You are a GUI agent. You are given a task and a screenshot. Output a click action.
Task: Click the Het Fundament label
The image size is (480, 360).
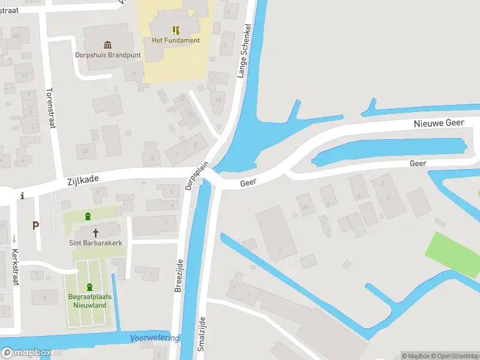coord(176,40)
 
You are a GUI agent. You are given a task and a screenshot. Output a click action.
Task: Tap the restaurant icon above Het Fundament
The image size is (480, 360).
coord(176,30)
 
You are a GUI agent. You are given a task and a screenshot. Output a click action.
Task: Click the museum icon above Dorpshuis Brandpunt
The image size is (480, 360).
coord(107,44)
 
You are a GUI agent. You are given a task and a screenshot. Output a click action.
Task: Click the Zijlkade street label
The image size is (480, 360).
coord(82,179)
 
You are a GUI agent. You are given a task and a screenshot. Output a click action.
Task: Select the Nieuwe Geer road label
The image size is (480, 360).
coord(439,123)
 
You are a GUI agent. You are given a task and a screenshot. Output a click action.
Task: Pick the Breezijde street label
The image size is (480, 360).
coord(178,276)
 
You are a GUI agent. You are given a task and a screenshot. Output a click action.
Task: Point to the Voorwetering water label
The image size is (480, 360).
coord(155,338)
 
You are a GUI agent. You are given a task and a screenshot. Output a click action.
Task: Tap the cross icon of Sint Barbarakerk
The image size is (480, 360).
coord(95,233)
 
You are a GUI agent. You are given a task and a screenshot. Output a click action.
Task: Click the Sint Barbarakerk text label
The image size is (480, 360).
coord(95,244)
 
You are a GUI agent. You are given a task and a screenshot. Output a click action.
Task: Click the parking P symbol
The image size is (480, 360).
coord(36,226)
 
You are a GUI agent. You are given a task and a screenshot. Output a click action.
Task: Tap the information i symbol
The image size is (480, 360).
coord(23,196)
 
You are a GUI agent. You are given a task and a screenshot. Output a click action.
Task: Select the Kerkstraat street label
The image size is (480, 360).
coord(15,267)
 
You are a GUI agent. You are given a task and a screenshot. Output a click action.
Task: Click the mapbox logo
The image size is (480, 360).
coord(26,352)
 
